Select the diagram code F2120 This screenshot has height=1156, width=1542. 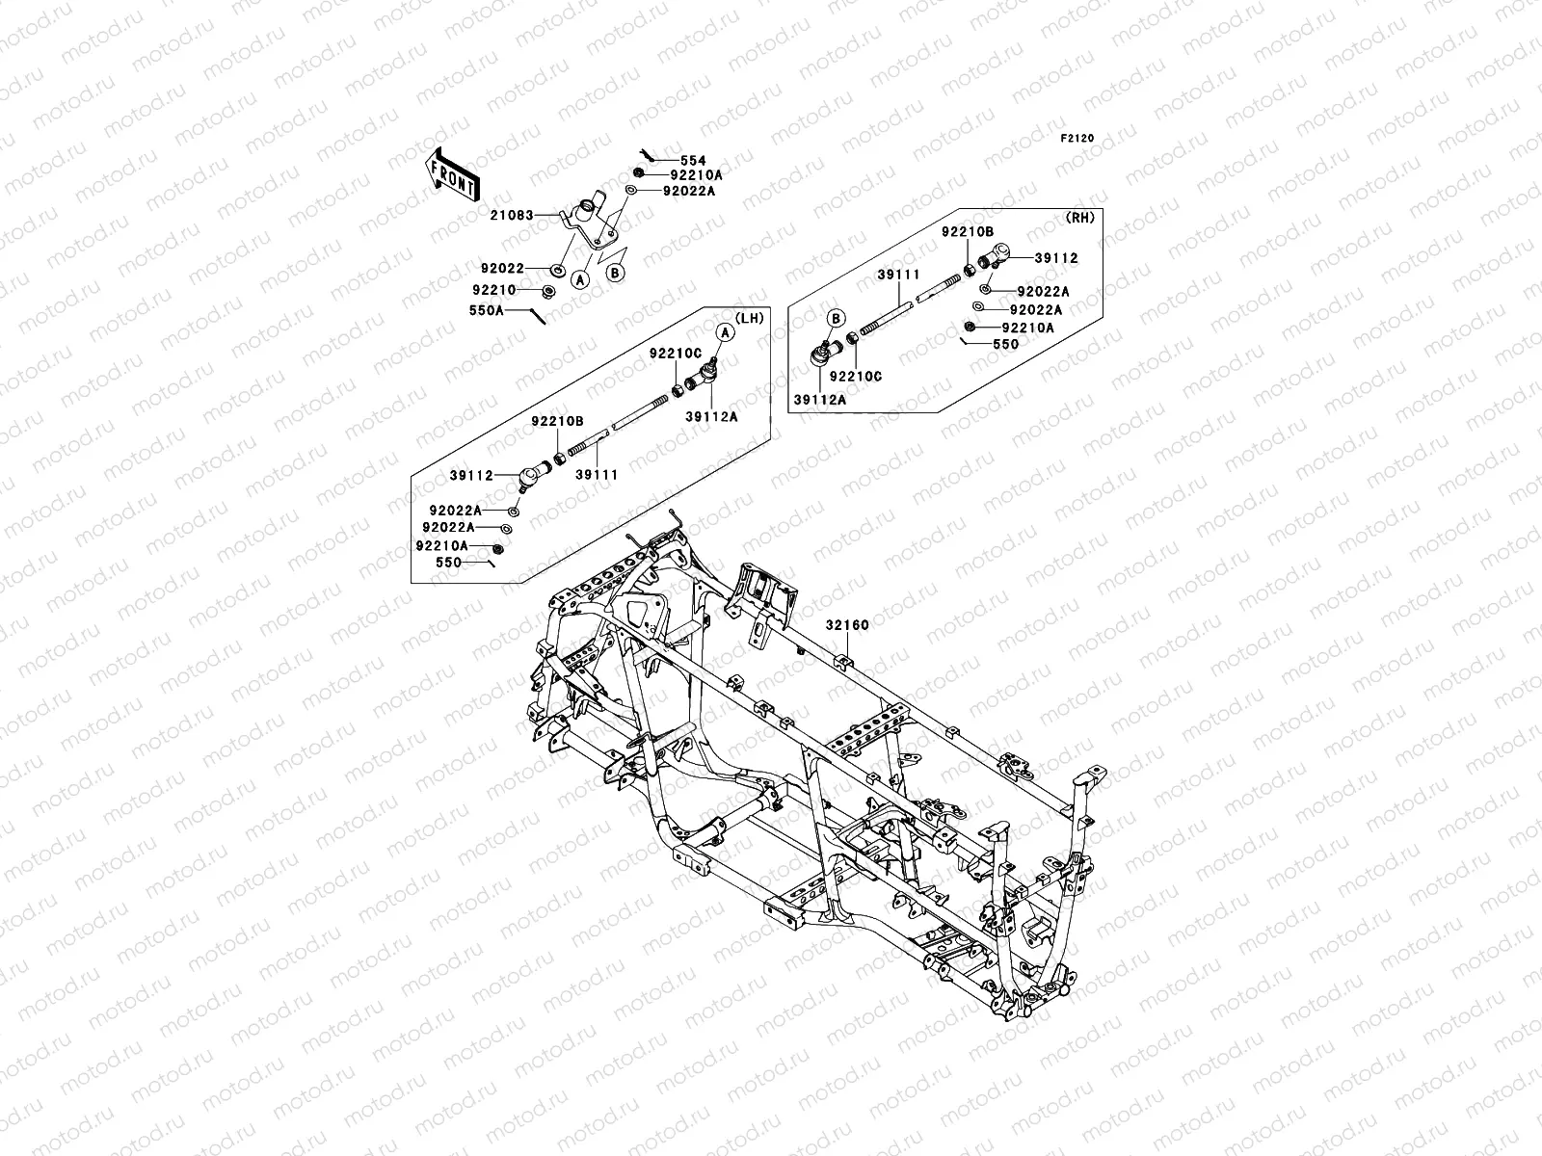coord(1079,139)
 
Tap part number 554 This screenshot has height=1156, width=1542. coord(693,161)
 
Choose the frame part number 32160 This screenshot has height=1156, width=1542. coord(847,625)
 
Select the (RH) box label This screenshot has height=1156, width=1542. coord(1080,219)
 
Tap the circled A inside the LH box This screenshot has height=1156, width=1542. coord(724,331)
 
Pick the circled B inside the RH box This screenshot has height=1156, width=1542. coord(836,318)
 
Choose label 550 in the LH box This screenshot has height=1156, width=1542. coord(449,563)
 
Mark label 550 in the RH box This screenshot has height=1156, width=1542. coord(1004,344)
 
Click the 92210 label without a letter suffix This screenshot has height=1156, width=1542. coord(495,289)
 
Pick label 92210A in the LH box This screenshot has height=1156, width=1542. coord(441,545)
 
